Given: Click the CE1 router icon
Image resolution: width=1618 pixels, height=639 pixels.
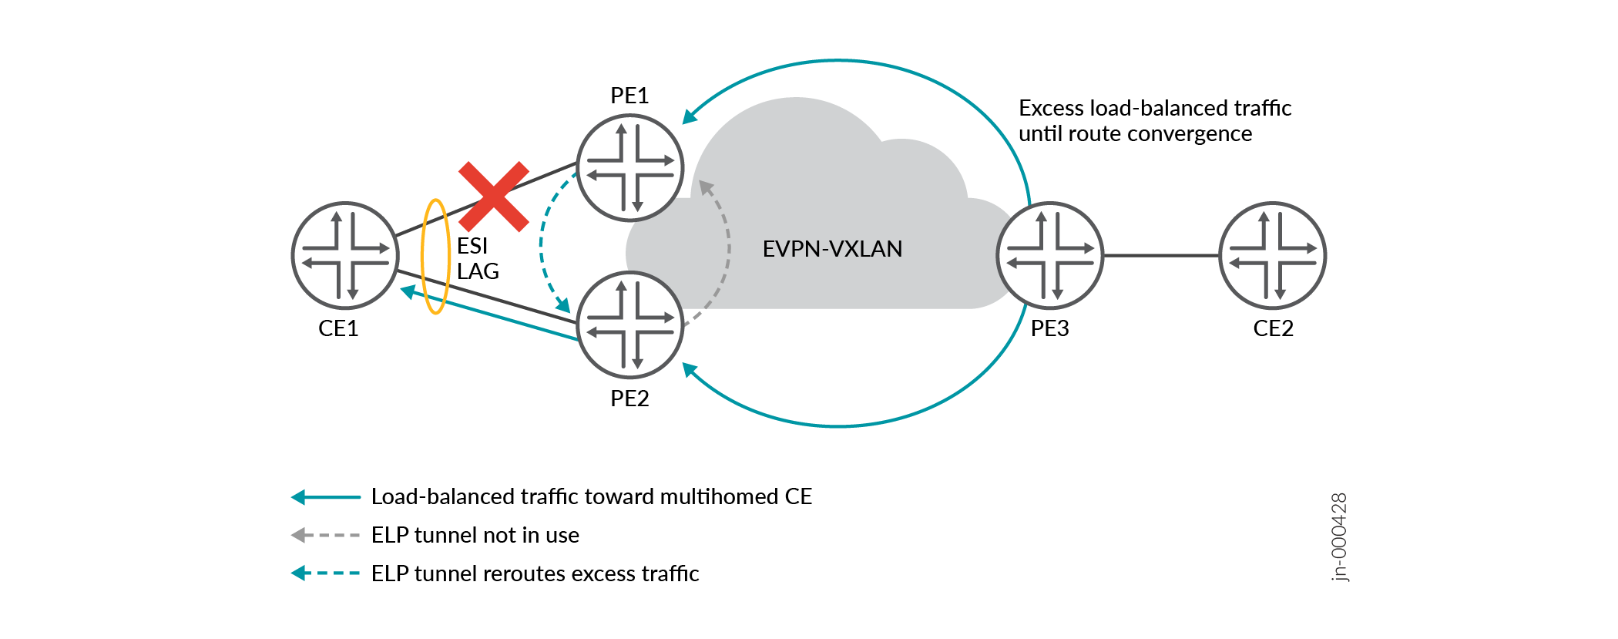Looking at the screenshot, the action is tap(345, 255).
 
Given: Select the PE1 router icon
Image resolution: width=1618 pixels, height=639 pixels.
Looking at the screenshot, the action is tap(630, 167).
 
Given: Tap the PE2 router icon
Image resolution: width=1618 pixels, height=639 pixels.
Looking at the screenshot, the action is tap(630, 325).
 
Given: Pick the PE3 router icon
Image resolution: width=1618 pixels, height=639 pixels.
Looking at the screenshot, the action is tap(1050, 255).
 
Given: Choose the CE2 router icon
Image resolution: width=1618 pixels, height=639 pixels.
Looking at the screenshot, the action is tap(1273, 255).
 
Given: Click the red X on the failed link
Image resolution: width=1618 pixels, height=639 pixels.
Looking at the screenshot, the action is tap(494, 197).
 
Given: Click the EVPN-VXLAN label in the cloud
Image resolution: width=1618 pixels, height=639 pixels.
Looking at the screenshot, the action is tap(832, 249).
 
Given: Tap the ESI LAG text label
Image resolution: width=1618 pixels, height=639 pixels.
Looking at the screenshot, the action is tap(478, 258).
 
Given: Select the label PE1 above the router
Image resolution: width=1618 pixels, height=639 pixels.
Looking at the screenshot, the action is tap(629, 96).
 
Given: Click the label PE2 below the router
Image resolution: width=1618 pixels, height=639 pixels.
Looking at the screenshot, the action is tap(629, 399).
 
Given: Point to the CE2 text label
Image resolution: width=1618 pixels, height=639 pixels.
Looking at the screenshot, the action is tap(1273, 328).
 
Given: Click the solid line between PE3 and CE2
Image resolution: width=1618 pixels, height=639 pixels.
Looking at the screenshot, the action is tap(1161, 255).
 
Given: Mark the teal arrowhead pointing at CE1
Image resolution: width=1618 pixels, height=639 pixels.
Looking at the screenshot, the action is tap(408, 292).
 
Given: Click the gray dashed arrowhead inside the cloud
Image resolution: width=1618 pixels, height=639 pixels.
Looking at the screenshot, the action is tap(706, 187).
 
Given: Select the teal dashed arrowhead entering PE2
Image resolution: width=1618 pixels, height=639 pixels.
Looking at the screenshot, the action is tap(563, 304).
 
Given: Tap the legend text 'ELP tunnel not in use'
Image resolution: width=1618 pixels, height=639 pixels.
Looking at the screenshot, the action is tap(475, 535).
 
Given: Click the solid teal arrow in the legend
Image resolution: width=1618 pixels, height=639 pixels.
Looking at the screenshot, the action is tap(325, 497).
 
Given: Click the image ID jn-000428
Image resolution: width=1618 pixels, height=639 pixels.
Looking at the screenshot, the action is tap(1339, 537).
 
